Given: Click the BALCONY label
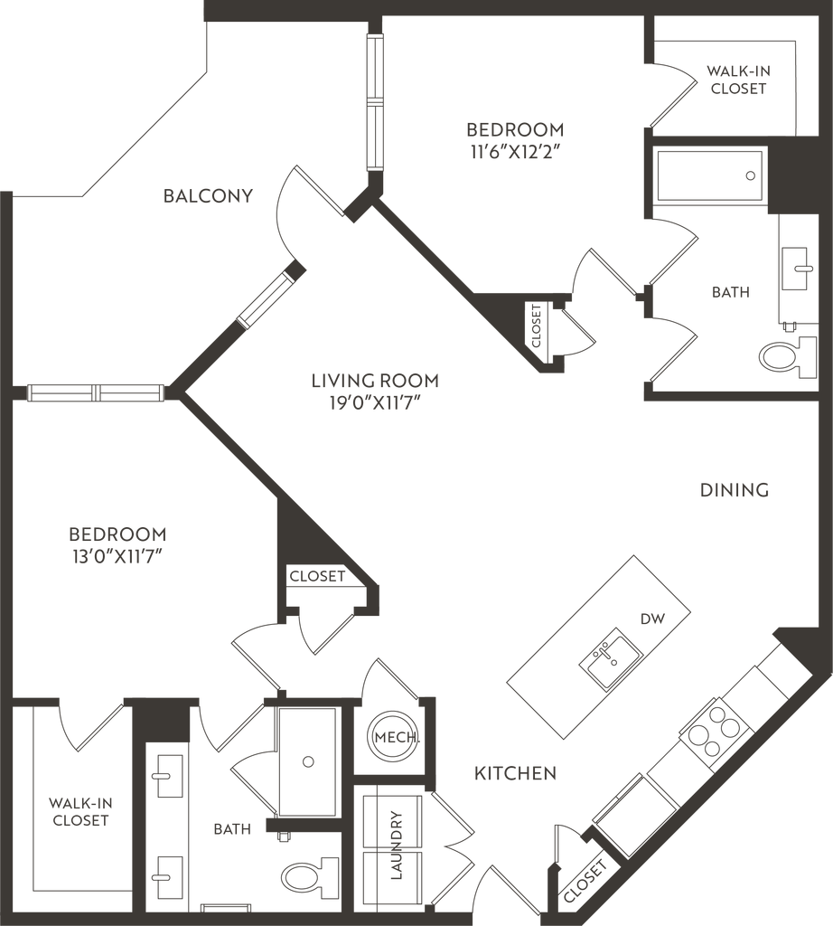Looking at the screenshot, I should [208, 195].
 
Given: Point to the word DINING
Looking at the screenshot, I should [734, 489].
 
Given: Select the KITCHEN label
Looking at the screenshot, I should [514, 774].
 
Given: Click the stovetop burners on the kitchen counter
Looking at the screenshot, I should [716, 729].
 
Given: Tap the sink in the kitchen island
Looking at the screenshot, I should [613, 657].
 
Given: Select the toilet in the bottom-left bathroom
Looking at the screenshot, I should [299, 875].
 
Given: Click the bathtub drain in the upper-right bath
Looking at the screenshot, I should [749, 176].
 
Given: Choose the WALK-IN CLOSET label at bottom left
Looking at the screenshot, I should [80, 811].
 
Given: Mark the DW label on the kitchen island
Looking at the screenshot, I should [647, 620].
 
